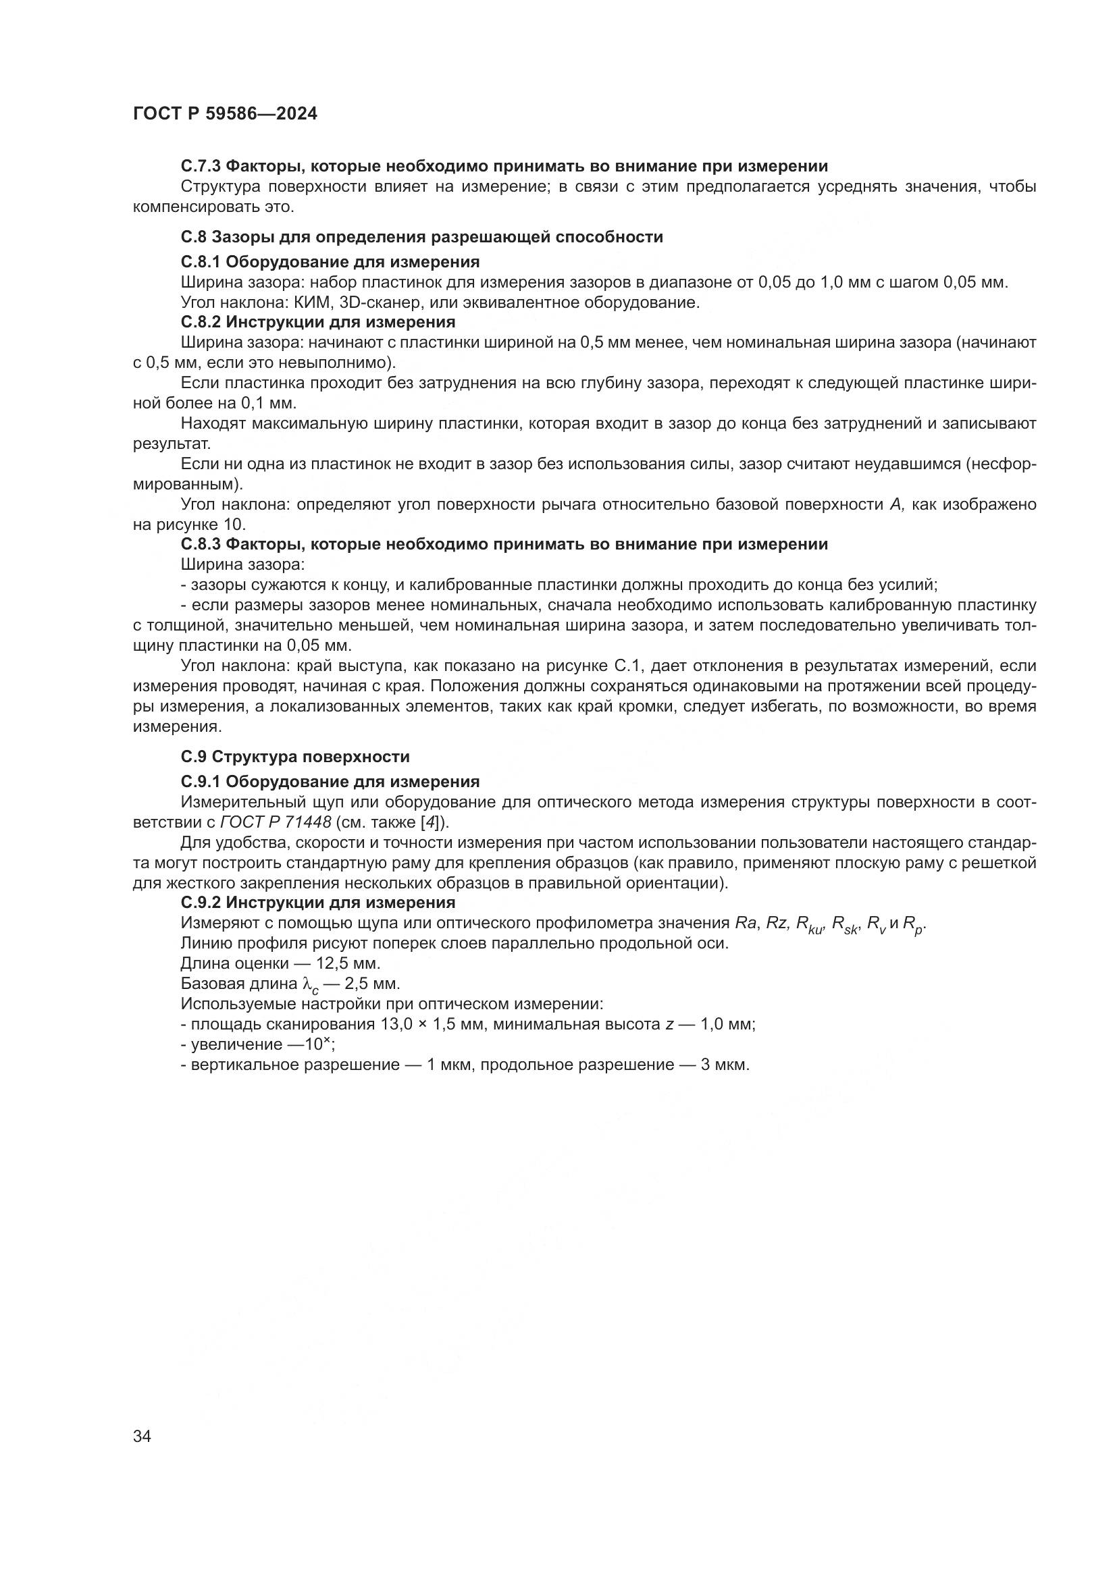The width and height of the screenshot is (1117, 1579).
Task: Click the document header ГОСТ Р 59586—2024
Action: (225, 114)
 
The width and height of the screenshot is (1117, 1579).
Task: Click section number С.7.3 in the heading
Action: (201, 166)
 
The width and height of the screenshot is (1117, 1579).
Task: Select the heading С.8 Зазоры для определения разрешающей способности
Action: (421, 237)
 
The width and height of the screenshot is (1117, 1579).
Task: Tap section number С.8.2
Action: (201, 322)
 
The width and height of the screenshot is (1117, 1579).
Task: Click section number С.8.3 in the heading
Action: (201, 545)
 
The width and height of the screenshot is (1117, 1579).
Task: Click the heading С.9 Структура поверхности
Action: (295, 757)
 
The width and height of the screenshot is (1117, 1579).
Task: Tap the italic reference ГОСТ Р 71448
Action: (276, 822)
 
